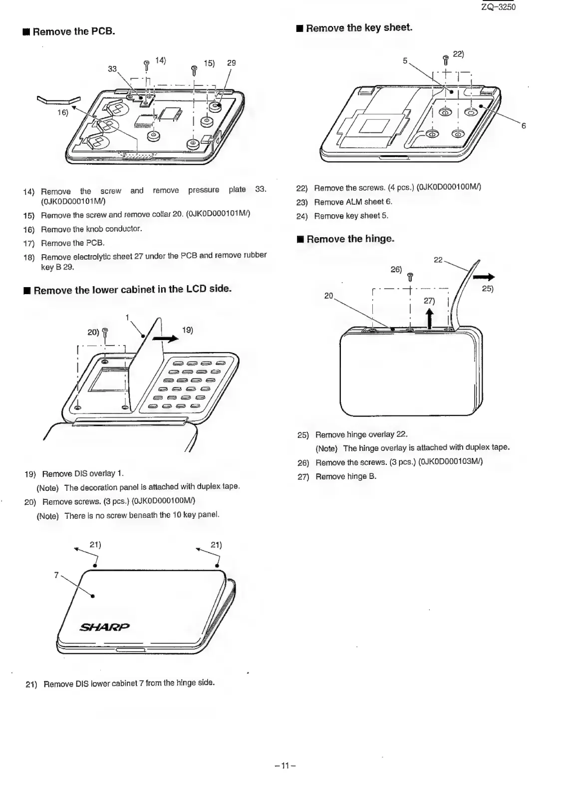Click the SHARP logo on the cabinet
pos(104,627)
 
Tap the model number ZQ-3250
pos(498,7)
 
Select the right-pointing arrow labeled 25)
pos(484,277)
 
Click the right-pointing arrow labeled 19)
pos(166,339)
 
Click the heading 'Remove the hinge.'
pos(350,239)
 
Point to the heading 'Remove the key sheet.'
pos(359,28)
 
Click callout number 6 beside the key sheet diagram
pos(524,126)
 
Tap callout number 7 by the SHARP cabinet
pos(56,575)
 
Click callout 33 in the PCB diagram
pos(112,69)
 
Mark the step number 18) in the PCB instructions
pos(29,258)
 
